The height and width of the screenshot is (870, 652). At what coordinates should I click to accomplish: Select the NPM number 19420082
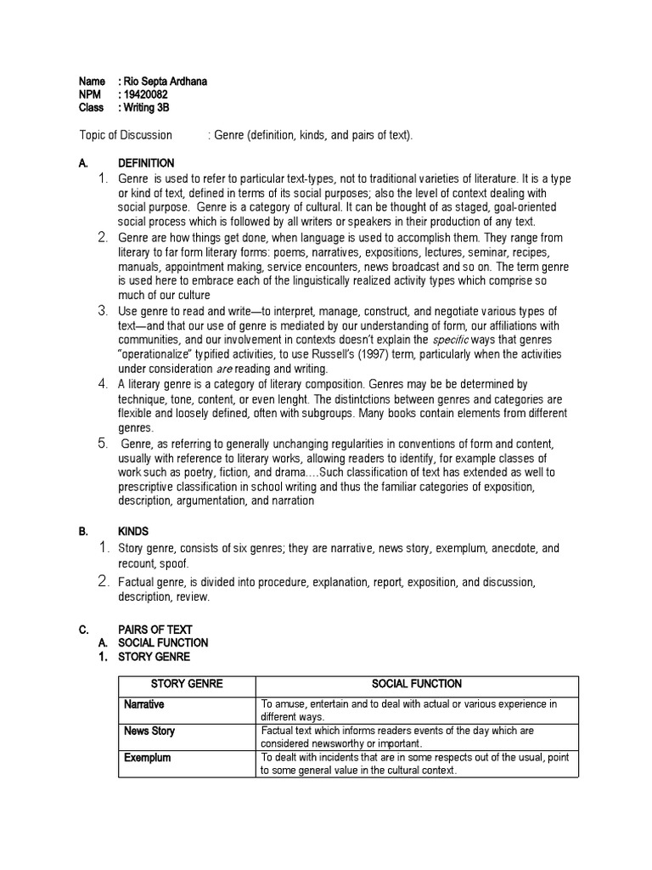(x=147, y=94)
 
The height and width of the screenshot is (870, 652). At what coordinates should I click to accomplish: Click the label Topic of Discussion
(x=126, y=136)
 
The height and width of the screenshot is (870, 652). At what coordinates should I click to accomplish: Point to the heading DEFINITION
(x=146, y=163)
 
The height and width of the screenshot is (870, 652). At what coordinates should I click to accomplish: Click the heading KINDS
(x=132, y=531)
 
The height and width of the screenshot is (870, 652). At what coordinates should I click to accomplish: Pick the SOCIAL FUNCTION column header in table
(x=417, y=684)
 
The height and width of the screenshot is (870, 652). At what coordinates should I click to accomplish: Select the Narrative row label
(x=143, y=704)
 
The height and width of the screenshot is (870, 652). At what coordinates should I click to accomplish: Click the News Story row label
(x=149, y=731)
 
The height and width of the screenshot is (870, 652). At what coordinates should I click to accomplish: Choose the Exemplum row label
(x=147, y=757)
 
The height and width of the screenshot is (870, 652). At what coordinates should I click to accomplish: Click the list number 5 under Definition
(x=101, y=443)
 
